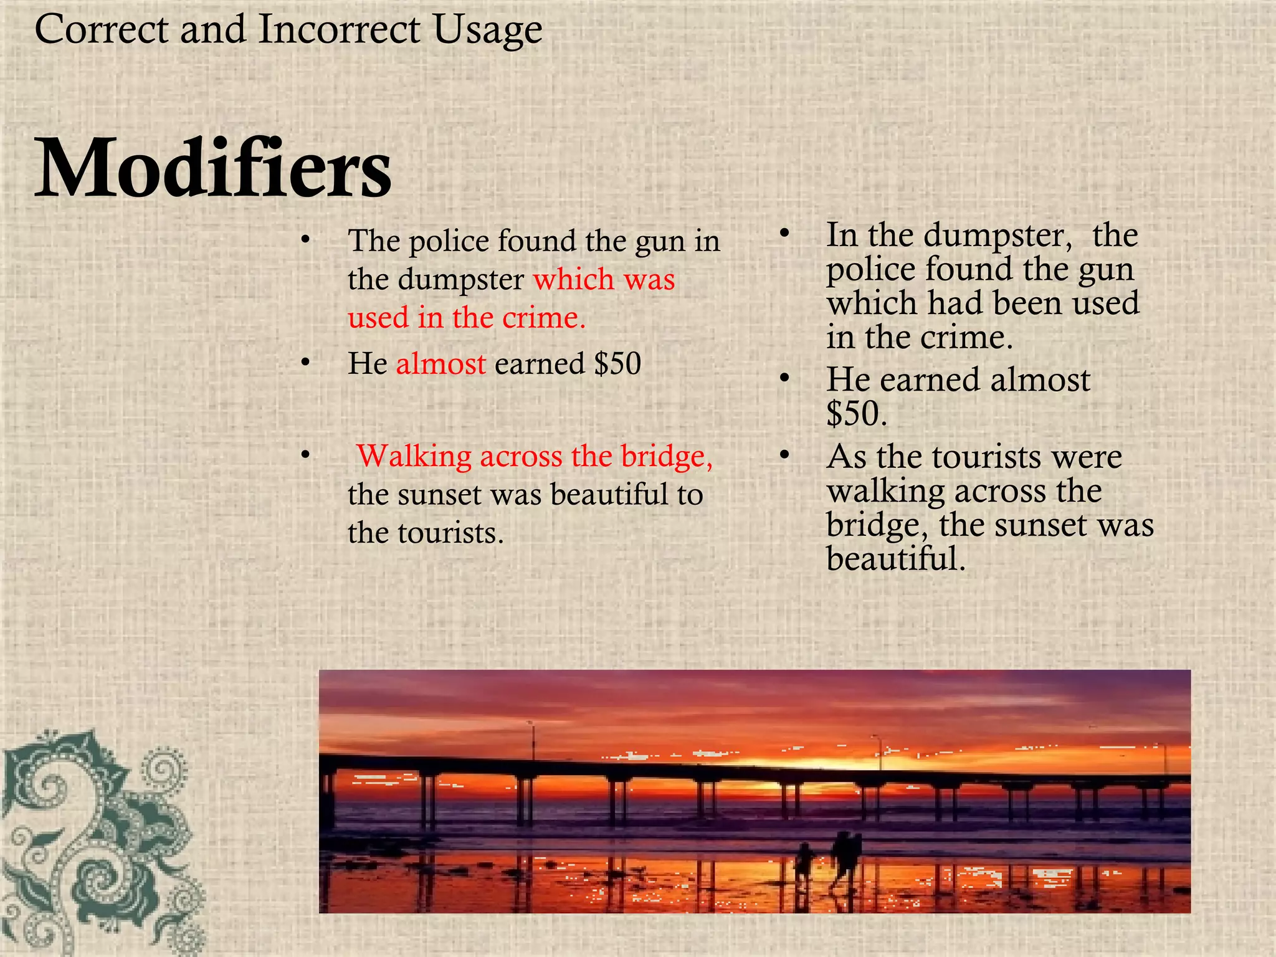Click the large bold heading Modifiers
pos(213,168)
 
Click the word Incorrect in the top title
pos(339,29)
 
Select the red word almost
pos(440,364)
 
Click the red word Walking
pos(414,456)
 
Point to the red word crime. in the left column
pos(544,318)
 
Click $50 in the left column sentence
pos(617,364)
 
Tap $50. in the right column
pos(857,413)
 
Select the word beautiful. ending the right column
pos(896,558)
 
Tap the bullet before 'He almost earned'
pos(305,362)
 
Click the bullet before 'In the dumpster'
pos(784,234)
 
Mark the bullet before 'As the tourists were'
pos(784,455)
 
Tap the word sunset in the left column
pos(439,495)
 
